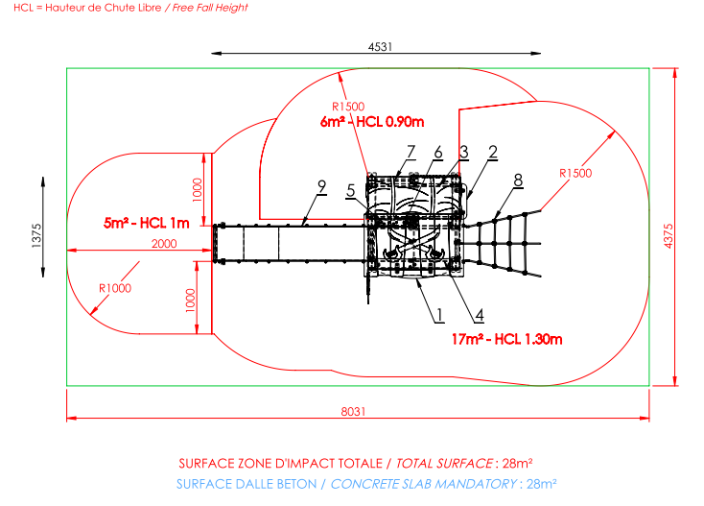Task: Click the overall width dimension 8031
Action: click(353, 412)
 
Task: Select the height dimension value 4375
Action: click(669, 236)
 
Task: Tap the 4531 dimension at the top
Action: click(380, 47)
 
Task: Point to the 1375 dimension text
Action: click(36, 235)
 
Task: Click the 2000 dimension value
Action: click(164, 244)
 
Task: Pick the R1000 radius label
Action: click(115, 288)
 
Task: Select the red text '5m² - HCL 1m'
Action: click(147, 223)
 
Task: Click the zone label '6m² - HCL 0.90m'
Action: click(372, 122)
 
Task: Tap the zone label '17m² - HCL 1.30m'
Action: click(506, 339)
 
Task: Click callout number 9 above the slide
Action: click(321, 186)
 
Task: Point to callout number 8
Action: click(518, 181)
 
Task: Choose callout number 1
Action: click(439, 315)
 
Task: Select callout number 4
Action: click(480, 315)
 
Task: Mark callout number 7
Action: click(411, 152)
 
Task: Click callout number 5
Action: click(351, 190)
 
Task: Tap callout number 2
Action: click(493, 152)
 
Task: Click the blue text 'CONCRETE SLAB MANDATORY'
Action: click(424, 484)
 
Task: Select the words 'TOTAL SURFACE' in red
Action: click(444, 464)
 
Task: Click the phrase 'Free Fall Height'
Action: click(210, 8)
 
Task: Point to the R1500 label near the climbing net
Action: click(575, 173)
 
